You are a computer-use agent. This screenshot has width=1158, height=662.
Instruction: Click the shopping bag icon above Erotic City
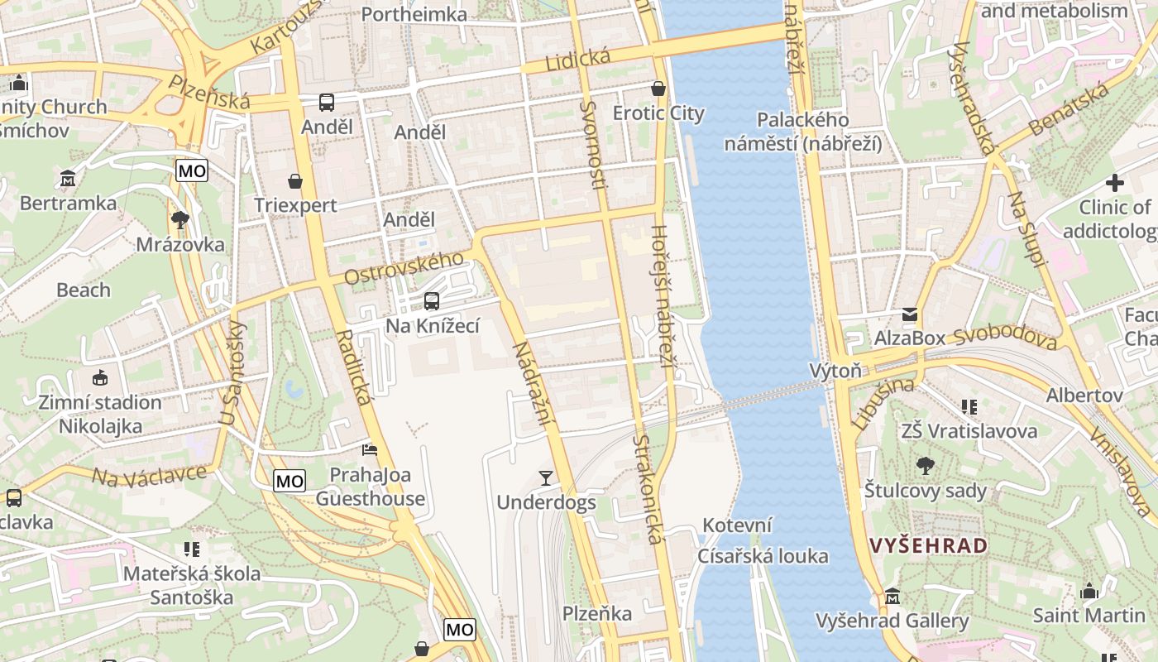[x=658, y=88]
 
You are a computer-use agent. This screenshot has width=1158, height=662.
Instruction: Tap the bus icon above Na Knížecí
[x=431, y=301]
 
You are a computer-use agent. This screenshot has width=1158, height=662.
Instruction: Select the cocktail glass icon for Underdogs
[x=545, y=477]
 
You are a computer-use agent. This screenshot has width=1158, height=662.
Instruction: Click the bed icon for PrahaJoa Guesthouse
[x=370, y=450]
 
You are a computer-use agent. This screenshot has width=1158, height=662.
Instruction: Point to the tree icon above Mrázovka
[x=179, y=220]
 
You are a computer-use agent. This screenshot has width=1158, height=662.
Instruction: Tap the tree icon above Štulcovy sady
[x=926, y=466]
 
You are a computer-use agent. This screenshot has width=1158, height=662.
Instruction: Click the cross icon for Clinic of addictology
[x=1114, y=183]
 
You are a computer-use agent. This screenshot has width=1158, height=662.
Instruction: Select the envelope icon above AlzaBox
[x=910, y=314]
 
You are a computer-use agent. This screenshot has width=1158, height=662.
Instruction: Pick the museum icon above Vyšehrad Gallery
[x=892, y=597]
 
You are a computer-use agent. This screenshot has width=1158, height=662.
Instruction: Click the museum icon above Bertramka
[x=68, y=178]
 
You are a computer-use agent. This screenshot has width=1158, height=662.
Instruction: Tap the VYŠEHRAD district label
[x=929, y=546]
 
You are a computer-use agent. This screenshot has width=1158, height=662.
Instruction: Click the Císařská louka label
[x=762, y=556]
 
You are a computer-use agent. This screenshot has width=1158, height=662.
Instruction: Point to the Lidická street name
[x=577, y=60]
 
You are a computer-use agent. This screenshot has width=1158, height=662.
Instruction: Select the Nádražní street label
[x=531, y=384]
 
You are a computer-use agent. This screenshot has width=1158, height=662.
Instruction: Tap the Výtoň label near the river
[x=835, y=371]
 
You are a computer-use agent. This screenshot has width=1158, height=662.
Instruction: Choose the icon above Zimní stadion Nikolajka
[x=100, y=377]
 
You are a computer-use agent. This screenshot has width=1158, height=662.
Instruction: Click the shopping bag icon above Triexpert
[x=295, y=181]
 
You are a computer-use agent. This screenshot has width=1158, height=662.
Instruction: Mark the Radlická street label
[x=355, y=367]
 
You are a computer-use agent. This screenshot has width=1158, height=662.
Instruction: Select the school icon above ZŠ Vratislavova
[x=969, y=406]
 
